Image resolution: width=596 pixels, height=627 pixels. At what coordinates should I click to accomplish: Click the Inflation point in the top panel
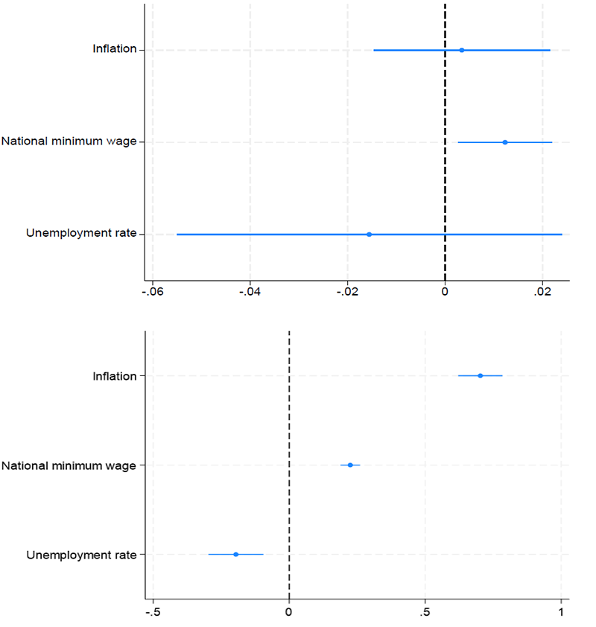462,50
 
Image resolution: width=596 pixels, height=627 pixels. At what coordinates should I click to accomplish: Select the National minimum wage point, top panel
505,142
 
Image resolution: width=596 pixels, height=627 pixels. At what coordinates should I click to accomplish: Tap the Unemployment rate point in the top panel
369,235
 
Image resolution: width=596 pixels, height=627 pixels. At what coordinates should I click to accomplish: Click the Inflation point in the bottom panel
481,375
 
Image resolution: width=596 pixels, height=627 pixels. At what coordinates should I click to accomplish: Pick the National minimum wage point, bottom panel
350,465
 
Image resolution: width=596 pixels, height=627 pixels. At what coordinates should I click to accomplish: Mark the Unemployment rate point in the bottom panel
236,554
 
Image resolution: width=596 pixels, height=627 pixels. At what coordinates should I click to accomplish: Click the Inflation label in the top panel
114,50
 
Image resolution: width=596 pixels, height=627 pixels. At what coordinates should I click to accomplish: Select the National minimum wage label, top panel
69,141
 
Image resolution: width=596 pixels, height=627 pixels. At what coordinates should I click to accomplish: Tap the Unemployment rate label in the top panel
81,234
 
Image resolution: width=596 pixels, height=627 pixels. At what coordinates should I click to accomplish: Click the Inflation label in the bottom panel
114,376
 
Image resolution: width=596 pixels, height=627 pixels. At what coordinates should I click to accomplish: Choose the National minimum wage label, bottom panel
69,466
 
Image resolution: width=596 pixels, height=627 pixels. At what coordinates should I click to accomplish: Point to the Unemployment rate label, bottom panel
81,555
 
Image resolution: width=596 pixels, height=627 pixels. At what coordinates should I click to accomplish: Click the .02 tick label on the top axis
542,293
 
